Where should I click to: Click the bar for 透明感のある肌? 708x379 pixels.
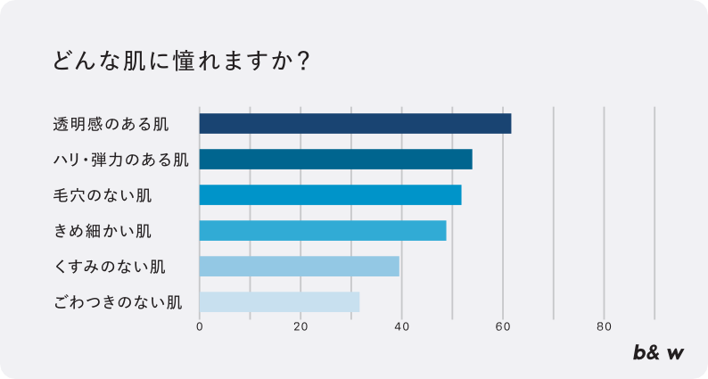355,123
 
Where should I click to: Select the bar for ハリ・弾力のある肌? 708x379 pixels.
335,160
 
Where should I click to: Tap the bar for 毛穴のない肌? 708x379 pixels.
330,194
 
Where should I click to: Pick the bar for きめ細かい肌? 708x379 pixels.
322,230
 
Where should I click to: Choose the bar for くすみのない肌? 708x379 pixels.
299,266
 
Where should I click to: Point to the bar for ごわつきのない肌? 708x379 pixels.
279,301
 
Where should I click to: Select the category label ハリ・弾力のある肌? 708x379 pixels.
120,160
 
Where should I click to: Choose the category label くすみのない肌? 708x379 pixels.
110,267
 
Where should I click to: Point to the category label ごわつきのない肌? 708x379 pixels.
118,302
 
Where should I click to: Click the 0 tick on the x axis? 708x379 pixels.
200,326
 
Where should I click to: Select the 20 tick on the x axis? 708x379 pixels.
300,326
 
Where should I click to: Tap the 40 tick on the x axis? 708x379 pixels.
401,326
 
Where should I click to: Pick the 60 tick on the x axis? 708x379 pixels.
503,326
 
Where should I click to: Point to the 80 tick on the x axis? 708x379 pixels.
604,326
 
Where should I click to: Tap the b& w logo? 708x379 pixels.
659,352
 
